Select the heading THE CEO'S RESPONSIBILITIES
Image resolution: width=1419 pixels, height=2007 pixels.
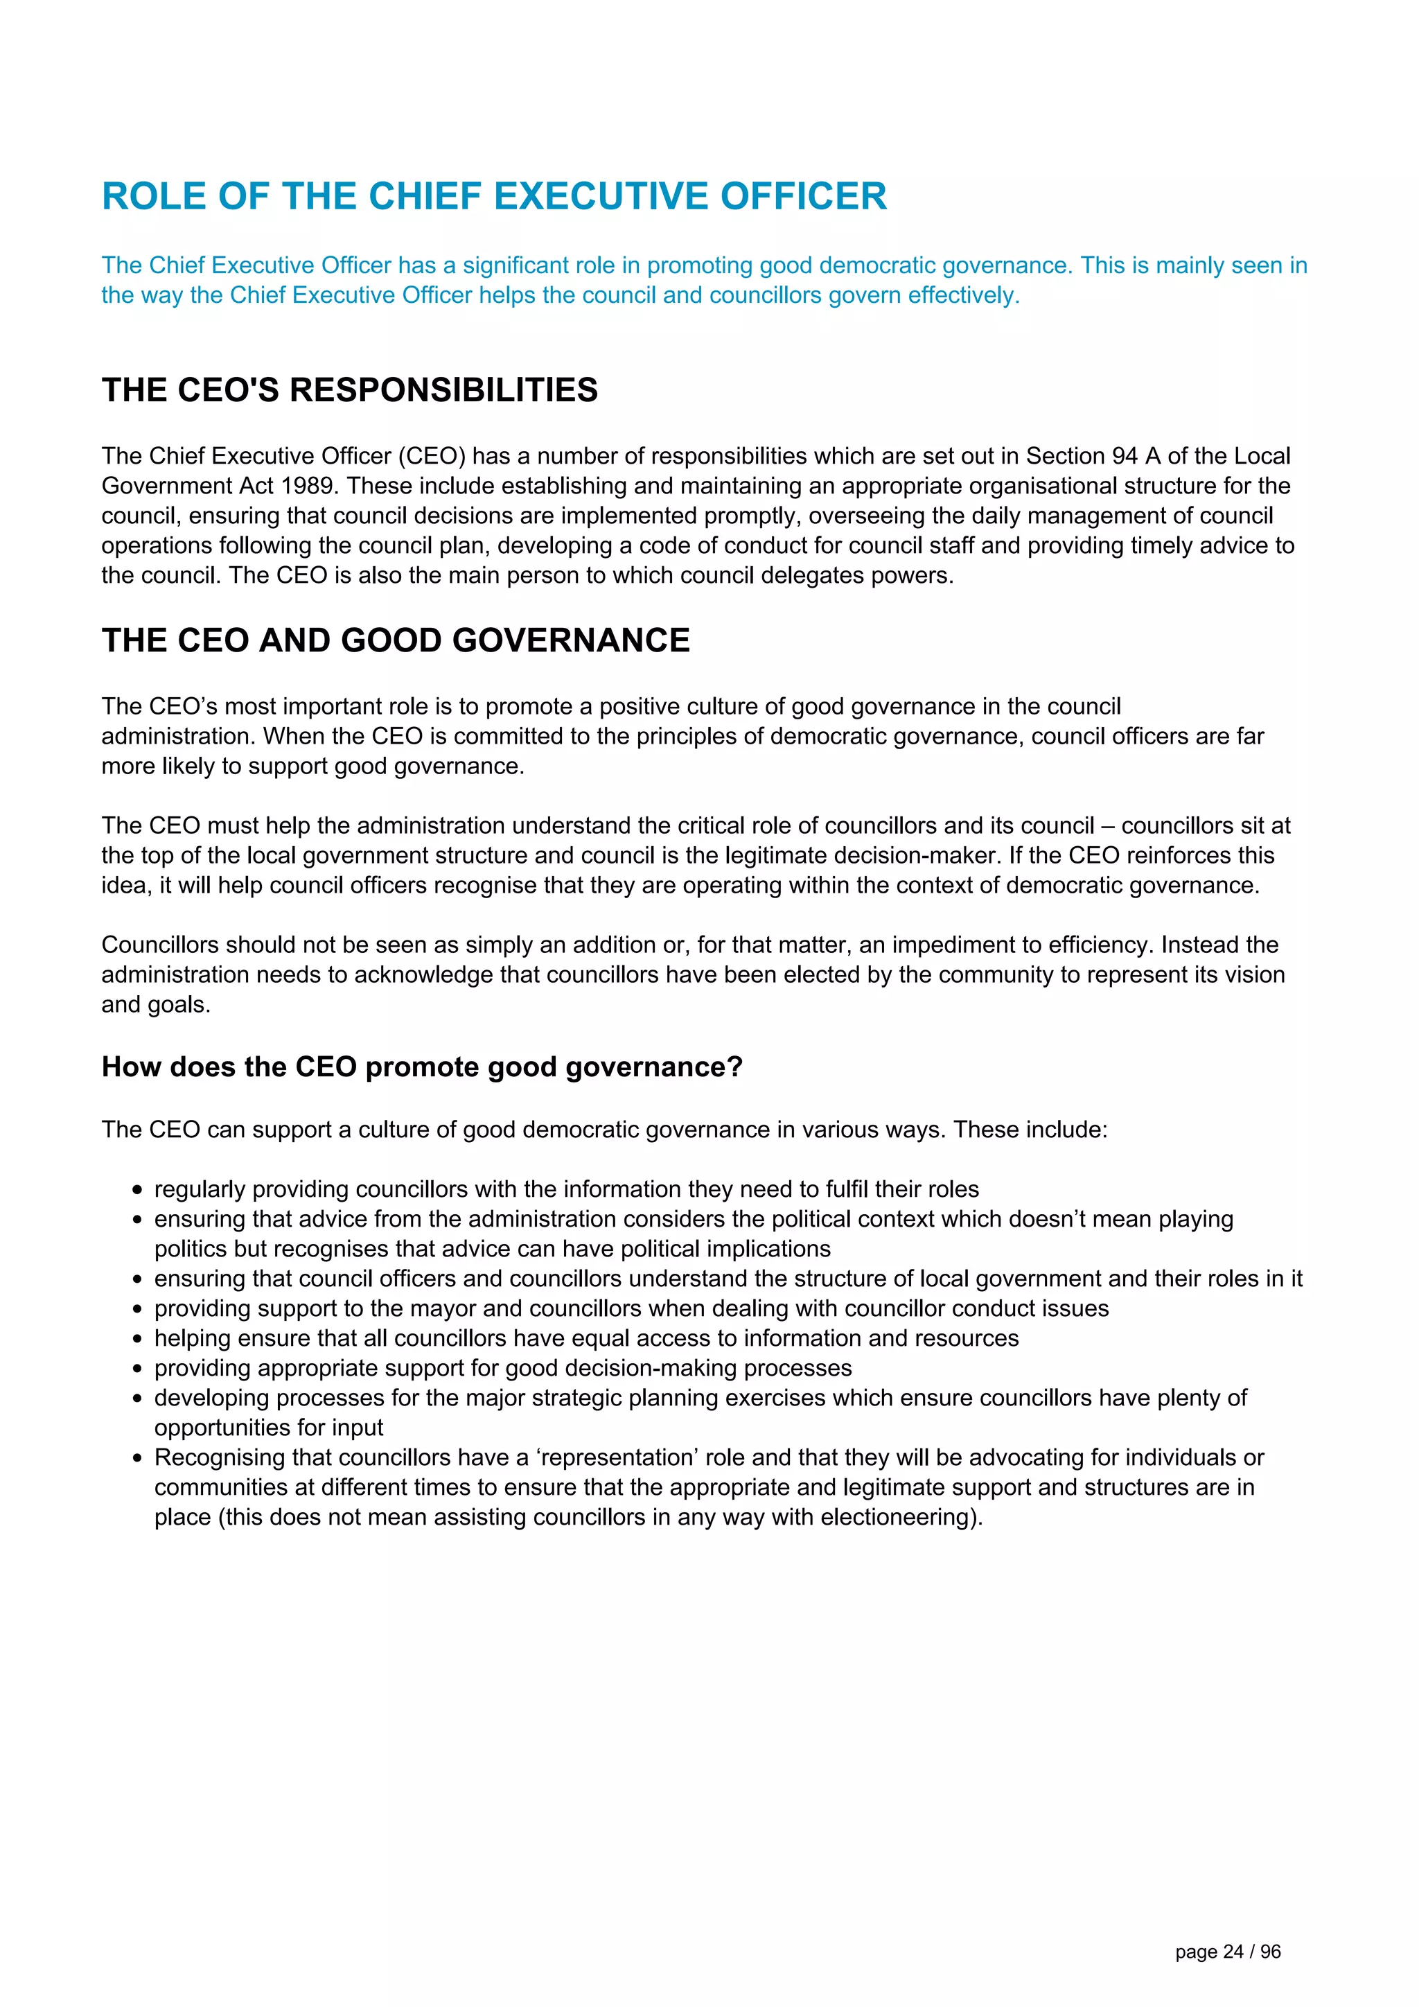[349, 390]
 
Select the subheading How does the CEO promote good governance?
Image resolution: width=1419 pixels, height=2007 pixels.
[421, 1067]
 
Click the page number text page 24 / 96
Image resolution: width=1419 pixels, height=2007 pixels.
[1228, 1952]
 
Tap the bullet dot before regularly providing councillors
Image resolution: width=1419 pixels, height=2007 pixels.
[137, 1191]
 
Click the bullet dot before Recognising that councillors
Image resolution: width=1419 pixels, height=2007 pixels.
[137, 1459]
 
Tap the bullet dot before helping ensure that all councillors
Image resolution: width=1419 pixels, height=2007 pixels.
[137, 1339]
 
